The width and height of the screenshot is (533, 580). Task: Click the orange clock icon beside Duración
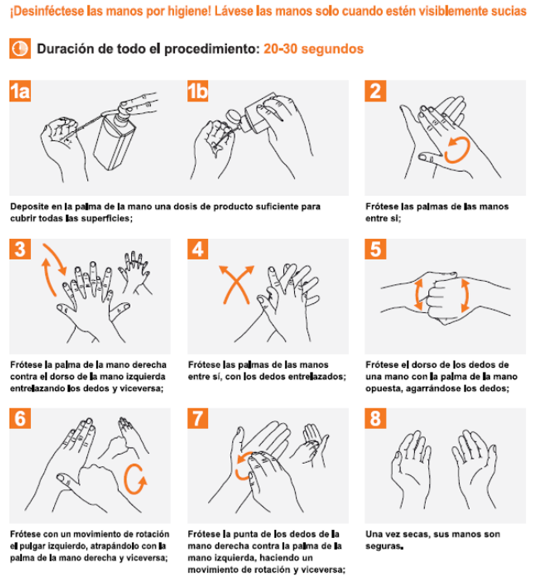point(20,48)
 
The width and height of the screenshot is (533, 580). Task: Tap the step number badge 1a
point(20,91)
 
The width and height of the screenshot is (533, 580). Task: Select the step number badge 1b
point(198,91)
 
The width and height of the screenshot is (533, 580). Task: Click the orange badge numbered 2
point(375,91)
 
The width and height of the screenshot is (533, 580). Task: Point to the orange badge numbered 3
point(20,249)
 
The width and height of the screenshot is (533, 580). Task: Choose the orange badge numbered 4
point(198,249)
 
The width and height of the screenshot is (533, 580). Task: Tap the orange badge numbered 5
point(375,249)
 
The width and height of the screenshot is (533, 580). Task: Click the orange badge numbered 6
point(20,418)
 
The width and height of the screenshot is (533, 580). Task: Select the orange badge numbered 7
point(198,418)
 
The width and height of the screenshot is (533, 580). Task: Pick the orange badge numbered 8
point(375,418)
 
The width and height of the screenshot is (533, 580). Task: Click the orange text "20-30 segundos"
point(314,49)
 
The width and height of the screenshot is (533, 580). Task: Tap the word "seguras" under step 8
point(384,546)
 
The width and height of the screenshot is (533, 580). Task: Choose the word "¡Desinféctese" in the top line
point(47,11)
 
